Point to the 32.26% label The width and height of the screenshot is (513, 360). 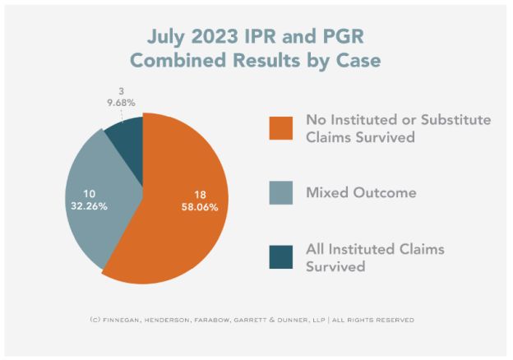pos(81,209)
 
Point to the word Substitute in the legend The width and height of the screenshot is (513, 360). pos(451,120)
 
